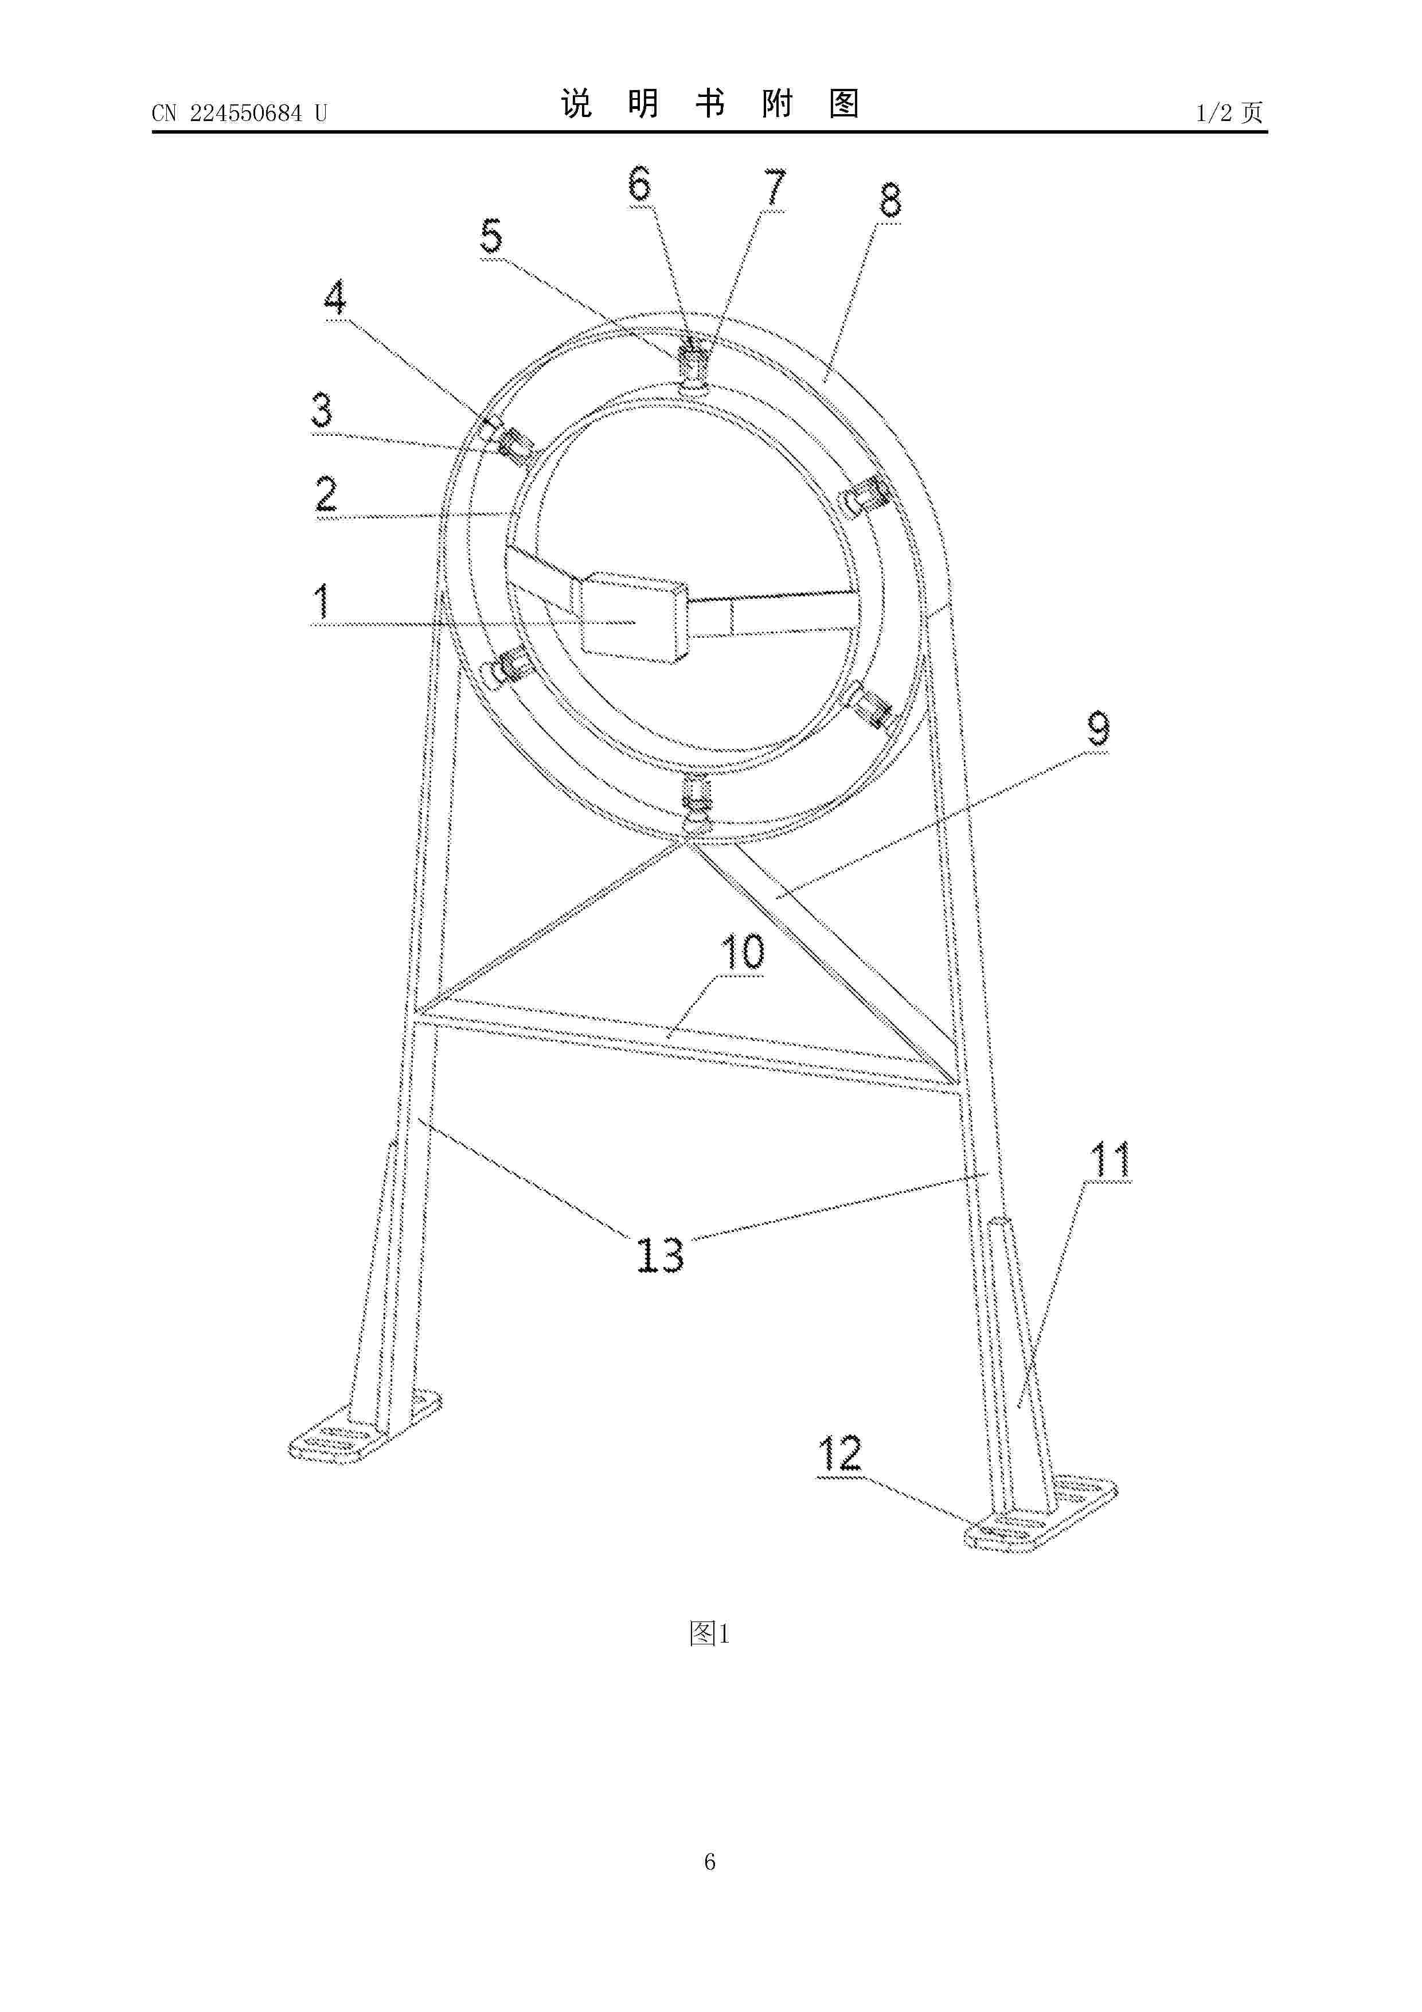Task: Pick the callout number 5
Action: click(491, 237)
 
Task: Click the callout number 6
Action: click(639, 184)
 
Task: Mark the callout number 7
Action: click(775, 188)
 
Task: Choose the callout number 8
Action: click(890, 201)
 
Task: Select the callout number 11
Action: click(1109, 1160)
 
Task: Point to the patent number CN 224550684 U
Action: click(239, 113)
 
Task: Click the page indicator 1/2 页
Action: click(1229, 112)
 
